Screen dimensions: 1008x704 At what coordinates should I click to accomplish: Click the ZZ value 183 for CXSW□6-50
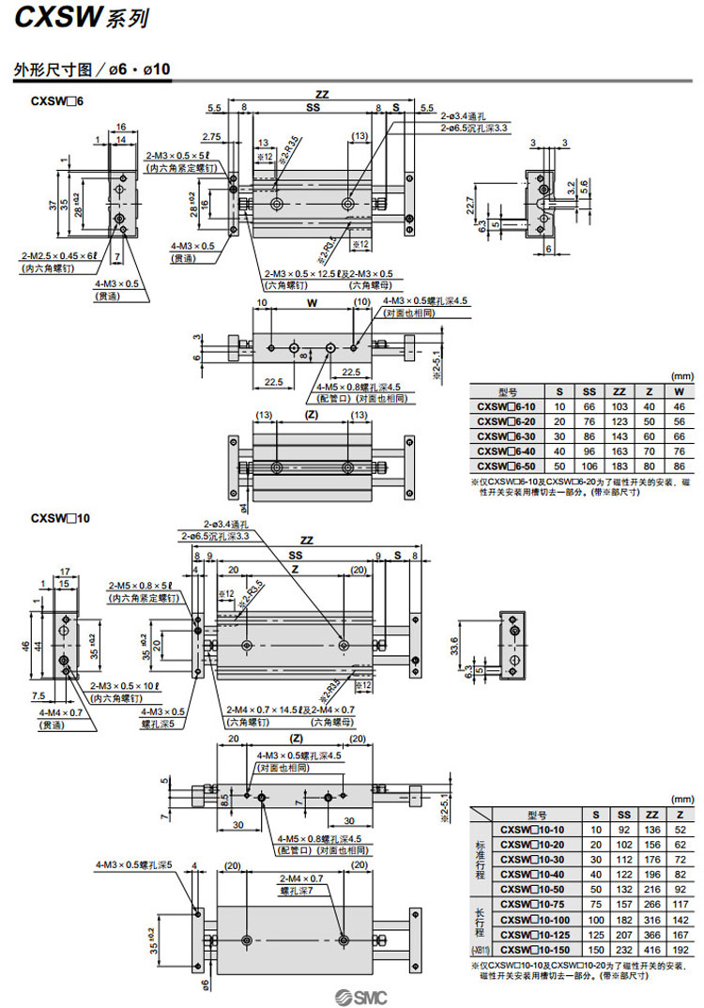coord(620,465)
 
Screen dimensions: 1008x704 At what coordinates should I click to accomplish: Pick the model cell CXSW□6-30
coord(508,435)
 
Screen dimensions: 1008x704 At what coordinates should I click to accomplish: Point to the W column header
coord(678,391)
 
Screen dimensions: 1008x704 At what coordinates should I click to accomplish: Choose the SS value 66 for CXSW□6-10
coord(589,406)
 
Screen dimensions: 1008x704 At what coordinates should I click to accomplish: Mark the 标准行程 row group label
coord(480,859)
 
